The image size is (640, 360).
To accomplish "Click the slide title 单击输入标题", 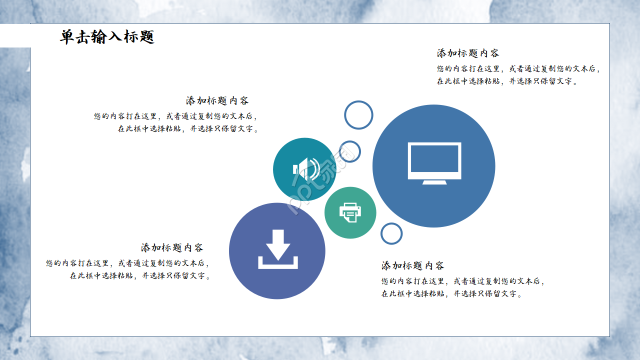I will click(107, 37).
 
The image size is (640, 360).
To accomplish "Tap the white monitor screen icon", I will click(434, 160).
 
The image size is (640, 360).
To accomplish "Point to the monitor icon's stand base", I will click(434, 182).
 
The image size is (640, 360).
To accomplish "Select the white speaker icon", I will click(305, 169).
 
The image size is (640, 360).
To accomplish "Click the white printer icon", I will click(350, 212).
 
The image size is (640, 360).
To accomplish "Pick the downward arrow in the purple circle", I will click(278, 244).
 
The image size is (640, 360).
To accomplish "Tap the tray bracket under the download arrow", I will click(278, 264).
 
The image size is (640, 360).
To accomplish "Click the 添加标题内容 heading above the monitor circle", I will click(467, 53).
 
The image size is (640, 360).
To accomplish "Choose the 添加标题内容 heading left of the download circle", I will click(172, 247).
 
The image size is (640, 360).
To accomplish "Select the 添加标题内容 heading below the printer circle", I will click(412, 265).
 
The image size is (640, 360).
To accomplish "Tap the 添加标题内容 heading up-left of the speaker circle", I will click(217, 100).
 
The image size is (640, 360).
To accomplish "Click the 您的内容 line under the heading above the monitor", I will click(517, 69).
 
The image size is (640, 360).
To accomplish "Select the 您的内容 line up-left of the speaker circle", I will click(175, 116).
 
